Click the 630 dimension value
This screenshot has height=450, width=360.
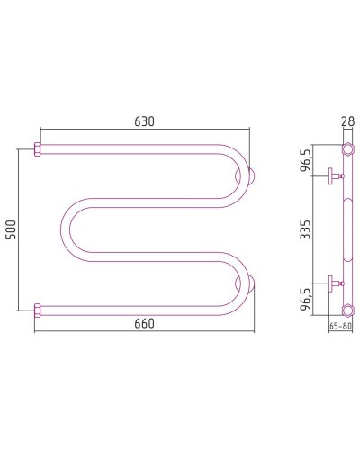tap(144, 121)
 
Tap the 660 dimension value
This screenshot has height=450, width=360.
tap(144, 323)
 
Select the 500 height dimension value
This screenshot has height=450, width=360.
tap(11, 229)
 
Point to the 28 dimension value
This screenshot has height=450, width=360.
tap(347, 121)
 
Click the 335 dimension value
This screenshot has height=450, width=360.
tap(306, 229)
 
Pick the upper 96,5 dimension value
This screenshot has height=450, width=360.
tap(306, 160)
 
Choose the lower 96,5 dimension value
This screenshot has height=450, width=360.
tap(306, 300)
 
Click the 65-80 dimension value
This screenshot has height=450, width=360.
tap(340, 326)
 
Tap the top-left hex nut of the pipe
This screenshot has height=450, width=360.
tap(37, 149)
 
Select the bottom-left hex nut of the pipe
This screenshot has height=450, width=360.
tap(37, 310)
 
